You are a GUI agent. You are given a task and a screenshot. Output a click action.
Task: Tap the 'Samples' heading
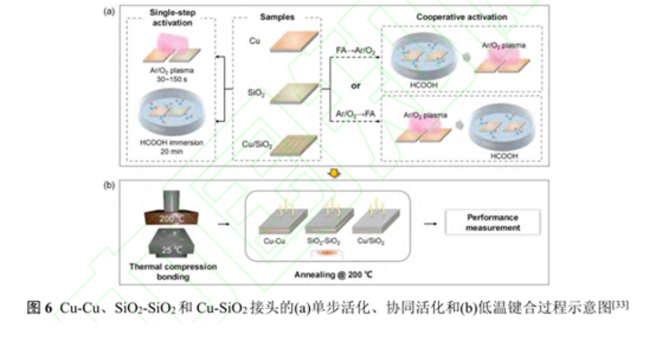[277, 17]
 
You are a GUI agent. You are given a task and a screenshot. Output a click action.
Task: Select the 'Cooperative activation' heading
[461, 17]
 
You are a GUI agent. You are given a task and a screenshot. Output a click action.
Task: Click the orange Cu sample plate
[293, 42]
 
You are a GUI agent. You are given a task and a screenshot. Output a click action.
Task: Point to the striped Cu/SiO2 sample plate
[293, 143]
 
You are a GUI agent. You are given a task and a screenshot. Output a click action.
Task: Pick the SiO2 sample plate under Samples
[293, 94]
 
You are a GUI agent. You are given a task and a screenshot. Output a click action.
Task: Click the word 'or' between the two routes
[355, 85]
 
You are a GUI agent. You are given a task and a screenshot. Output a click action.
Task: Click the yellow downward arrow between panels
[334, 172]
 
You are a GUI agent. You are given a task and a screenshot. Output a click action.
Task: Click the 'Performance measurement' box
[492, 222]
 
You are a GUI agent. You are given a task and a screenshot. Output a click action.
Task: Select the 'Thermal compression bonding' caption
[173, 271]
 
